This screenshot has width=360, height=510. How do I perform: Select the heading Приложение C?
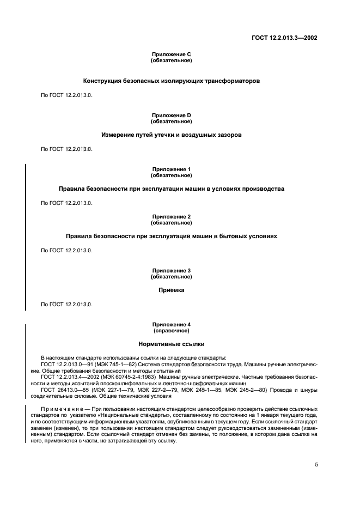pyautogui.click(x=171, y=54)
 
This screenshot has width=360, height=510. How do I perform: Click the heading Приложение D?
pyautogui.click(x=171, y=116)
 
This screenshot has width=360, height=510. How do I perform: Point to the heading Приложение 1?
pyautogui.click(x=171, y=169)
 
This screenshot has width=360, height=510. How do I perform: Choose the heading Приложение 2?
pyautogui.click(x=171, y=217)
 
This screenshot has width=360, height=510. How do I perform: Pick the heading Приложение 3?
pyautogui.click(x=171, y=271)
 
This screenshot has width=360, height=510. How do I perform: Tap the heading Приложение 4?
pyautogui.click(x=171, y=325)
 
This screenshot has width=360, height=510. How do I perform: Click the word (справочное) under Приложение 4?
pyautogui.click(x=171, y=331)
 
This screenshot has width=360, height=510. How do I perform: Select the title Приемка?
pyautogui.click(x=171, y=290)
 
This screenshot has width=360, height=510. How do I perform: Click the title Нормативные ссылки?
pyautogui.click(x=171, y=344)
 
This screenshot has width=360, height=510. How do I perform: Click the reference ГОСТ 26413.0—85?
pyautogui.click(x=65, y=390)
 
